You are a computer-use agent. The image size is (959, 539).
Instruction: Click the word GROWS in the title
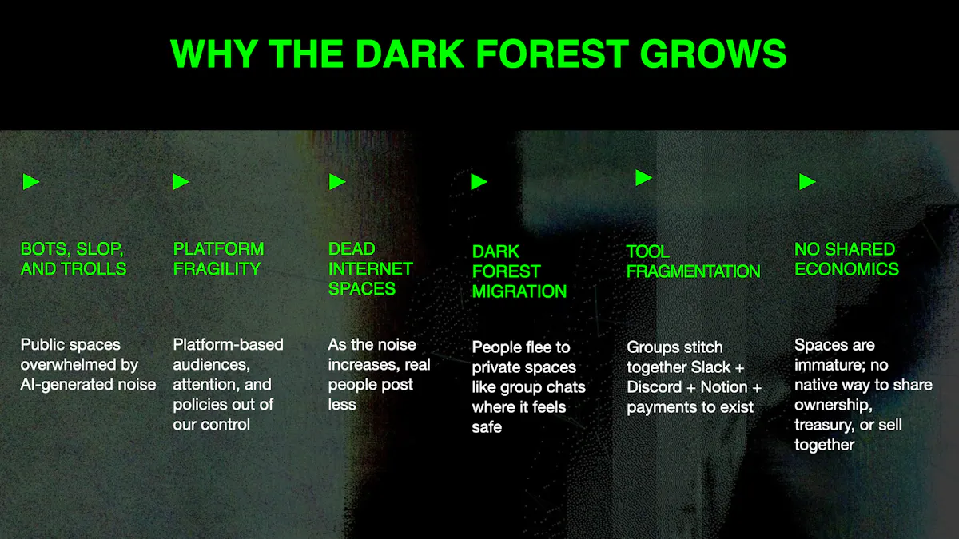713,54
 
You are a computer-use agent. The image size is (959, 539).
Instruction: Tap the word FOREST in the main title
552,54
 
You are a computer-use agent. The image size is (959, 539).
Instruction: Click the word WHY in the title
214,54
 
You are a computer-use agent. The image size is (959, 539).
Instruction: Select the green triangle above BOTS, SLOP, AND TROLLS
31,182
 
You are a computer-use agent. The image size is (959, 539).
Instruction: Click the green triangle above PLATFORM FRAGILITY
181,182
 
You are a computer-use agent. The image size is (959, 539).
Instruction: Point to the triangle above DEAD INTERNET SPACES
337,182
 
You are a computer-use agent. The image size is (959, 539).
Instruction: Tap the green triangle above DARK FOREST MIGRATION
479,182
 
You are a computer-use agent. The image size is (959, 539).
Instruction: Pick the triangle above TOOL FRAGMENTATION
643,177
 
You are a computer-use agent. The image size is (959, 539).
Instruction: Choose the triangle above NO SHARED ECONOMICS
807,182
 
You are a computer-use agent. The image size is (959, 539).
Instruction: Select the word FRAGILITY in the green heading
217,269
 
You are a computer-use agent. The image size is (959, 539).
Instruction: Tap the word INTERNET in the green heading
370,269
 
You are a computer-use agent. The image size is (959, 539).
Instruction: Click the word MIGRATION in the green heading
519,291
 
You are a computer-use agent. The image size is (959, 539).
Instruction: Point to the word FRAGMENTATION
694,271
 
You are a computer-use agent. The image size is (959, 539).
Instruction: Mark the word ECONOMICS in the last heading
847,269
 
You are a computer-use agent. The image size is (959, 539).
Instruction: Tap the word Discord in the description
655,387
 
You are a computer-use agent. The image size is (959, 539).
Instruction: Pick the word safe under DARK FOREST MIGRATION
487,427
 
